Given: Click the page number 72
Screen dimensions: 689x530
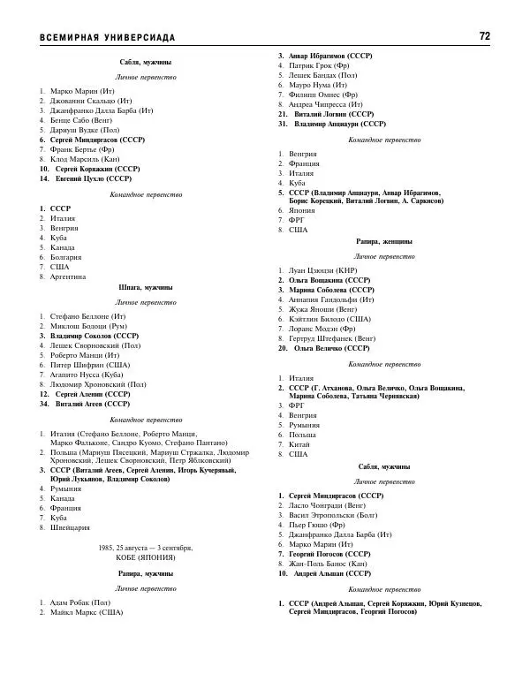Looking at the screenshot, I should click(484, 36).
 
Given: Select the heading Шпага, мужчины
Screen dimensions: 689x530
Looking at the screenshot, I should click(146, 288).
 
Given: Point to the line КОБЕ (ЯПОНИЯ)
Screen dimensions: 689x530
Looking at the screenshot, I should click(146, 558).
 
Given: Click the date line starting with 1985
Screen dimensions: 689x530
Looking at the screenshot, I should click(146, 548).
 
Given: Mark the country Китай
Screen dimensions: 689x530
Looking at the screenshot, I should click(299, 444).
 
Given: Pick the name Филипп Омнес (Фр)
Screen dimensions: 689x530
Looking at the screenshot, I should click(323, 95).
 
